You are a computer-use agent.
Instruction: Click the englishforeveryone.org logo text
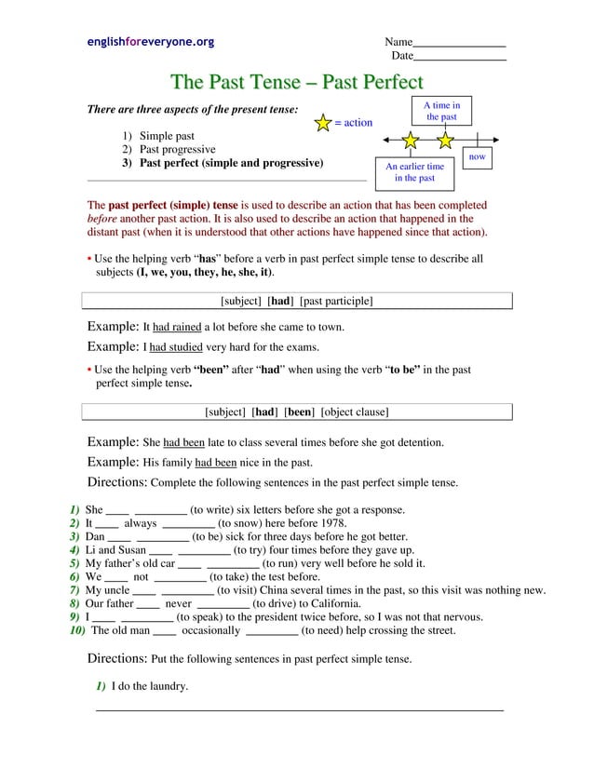click(x=150, y=42)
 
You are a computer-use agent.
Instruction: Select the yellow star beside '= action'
click(x=323, y=123)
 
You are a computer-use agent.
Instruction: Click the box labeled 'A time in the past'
click(x=441, y=111)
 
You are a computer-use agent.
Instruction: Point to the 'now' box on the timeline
click(x=477, y=157)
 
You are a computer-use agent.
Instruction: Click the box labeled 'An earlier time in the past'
click(x=414, y=172)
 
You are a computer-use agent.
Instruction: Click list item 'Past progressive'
click(x=177, y=149)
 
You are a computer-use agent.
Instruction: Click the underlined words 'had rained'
click(x=177, y=328)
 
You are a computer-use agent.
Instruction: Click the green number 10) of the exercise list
click(x=77, y=629)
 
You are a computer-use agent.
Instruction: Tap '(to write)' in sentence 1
click(x=214, y=509)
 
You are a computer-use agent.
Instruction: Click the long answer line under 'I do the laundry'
click(x=300, y=710)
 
